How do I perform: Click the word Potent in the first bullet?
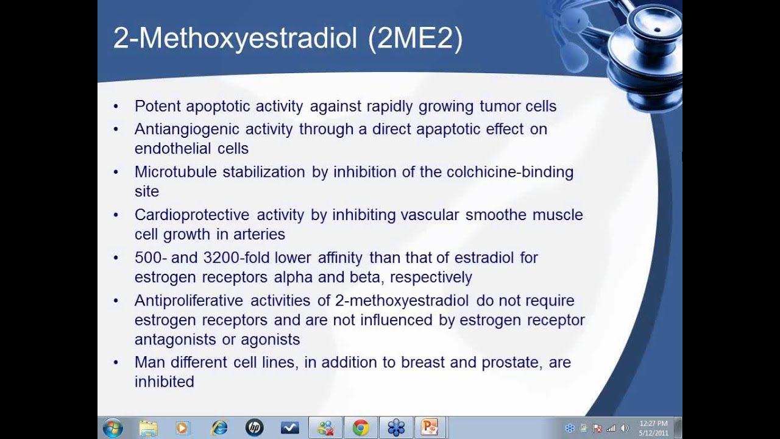[x=158, y=107]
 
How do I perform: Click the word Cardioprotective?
[x=192, y=215]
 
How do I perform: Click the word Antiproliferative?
[x=188, y=301]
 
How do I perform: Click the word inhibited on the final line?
[x=164, y=382]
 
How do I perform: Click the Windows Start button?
[x=113, y=428]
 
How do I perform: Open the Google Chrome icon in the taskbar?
[x=360, y=428]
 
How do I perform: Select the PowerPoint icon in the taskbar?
[x=430, y=428]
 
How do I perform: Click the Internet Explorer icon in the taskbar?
[x=219, y=428]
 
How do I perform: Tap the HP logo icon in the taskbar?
[x=254, y=428]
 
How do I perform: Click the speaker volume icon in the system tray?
[x=624, y=428]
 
